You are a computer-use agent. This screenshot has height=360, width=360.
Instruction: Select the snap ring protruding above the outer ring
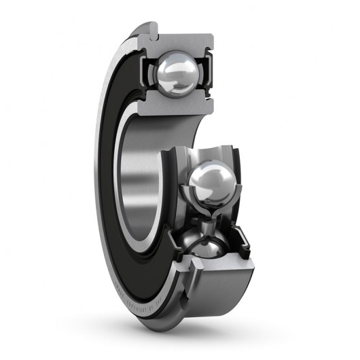coord(151,31)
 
